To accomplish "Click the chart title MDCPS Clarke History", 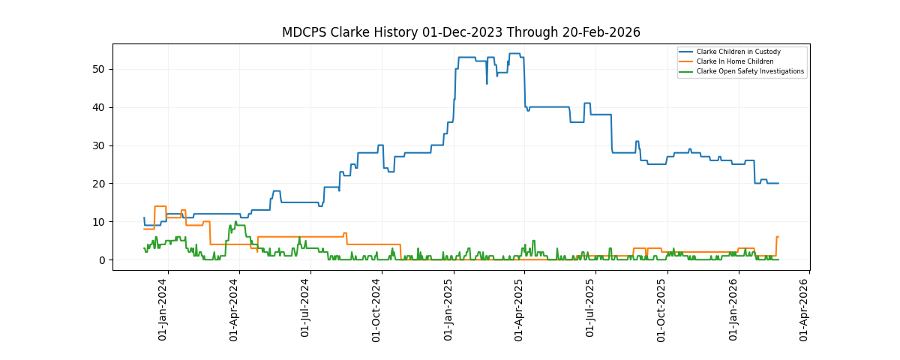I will coord(460,32).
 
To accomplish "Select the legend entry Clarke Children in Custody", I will coord(738,52).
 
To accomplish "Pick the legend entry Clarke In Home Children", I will coord(734,61).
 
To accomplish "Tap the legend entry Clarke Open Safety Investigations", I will coord(750,71).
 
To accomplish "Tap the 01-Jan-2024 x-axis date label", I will coord(163,310).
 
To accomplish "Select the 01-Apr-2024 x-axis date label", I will coord(234,310).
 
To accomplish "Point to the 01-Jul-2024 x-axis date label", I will coord(305,310).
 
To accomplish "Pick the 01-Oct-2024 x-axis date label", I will coord(376,310).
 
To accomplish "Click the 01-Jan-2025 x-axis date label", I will coord(448,310).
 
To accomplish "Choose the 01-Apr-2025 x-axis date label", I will coord(519,310).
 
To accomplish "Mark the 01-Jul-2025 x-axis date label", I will coord(590,310).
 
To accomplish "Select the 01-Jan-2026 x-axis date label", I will coord(733,310).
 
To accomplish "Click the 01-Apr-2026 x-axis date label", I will coord(804,310).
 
